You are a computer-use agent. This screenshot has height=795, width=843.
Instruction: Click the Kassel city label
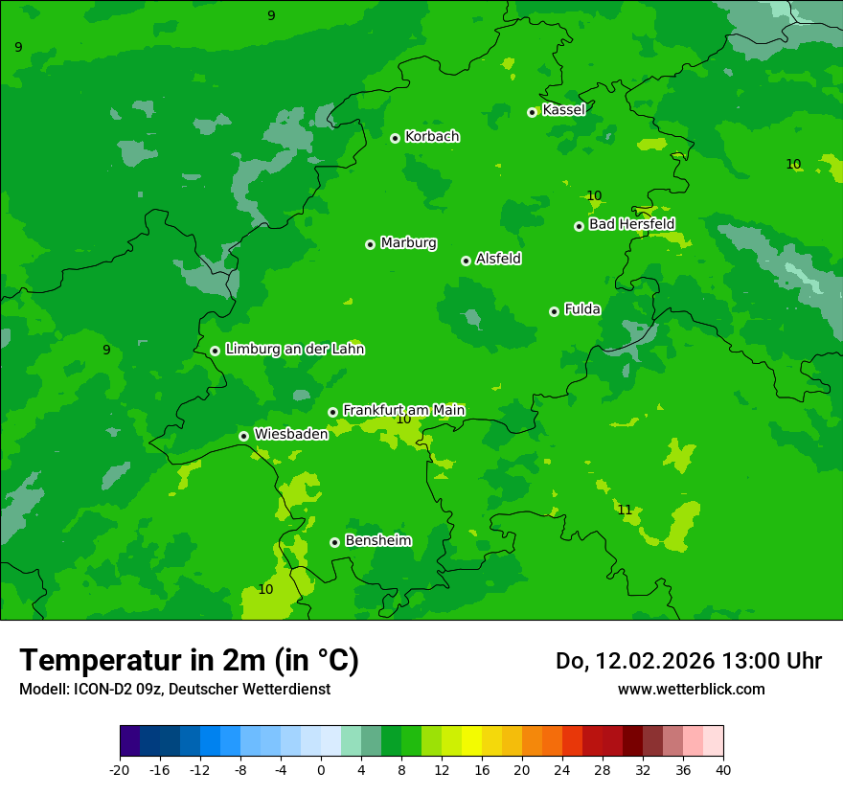[x=563, y=110]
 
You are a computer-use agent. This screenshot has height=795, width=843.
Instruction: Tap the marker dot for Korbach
[x=395, y=138]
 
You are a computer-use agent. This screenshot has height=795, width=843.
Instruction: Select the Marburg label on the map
[x=408, y=243]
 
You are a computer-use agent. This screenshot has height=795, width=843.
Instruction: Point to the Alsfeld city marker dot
[x=466, y=261]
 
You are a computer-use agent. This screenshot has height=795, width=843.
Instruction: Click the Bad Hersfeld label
[x=631, y=224]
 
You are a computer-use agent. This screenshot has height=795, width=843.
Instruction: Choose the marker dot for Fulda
[x=554, y=311]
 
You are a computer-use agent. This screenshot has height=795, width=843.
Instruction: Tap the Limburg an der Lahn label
[x=294, y=350]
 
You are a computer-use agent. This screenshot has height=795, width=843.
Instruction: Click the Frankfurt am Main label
[x=403, y=410]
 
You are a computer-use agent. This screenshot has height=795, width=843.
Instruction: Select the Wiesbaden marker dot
[x=243, y=436]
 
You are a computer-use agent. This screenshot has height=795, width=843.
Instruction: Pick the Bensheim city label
[x=377, y=540]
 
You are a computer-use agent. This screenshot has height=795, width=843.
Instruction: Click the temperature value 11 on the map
[x=625, y=510]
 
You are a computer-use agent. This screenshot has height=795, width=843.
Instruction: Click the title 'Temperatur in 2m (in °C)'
[x=189, y=660]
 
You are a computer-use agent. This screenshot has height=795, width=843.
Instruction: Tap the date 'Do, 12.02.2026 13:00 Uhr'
[x=689, y=661]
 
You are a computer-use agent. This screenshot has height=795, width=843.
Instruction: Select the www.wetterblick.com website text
[x=691, y=689]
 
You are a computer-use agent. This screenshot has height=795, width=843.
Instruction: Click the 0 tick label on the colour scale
[x=321, y=770]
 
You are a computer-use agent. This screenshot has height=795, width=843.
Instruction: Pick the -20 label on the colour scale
[x=120, y=770]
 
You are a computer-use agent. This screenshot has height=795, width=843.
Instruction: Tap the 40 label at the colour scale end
[x=723, y=770]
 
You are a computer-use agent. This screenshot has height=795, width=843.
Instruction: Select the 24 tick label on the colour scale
[x=562, y=770]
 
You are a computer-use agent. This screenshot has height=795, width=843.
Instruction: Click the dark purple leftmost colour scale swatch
[x=129, y=741]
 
